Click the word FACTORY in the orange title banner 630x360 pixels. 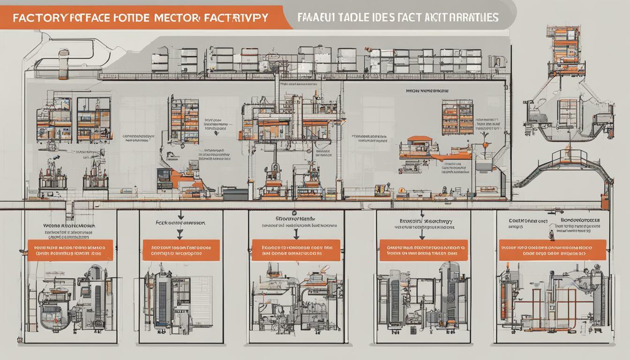pos(39,17)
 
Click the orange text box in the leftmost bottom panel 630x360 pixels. pos(70,250)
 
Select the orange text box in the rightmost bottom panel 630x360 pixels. pos(552,250)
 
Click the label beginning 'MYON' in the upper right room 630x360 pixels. pos(427,91)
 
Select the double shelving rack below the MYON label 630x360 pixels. pos(457,117)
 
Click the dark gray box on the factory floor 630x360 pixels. pos(235,194)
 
